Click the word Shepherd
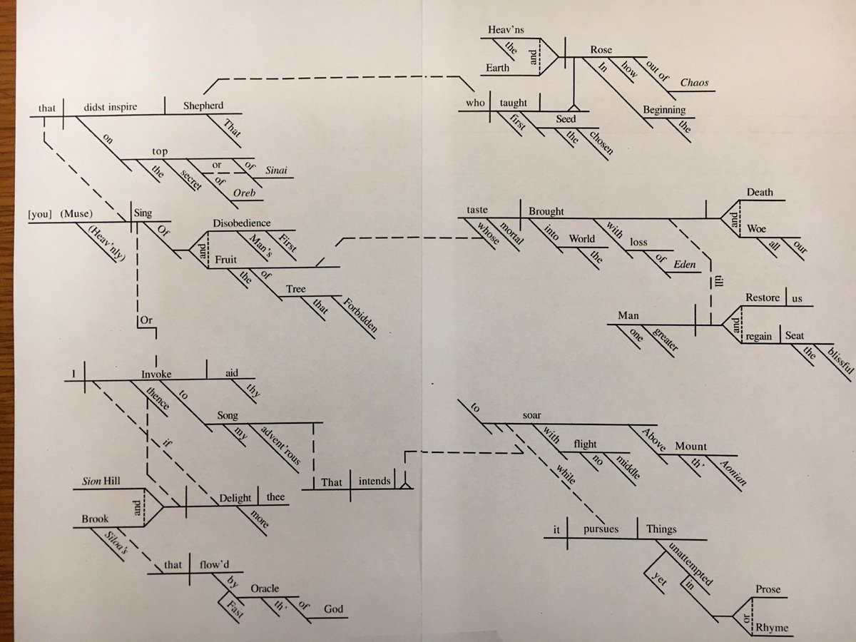click(203, 106)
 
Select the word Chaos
click(694, 83)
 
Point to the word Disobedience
click(242, 223)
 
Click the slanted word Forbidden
click(360, 315)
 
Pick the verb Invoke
click(157, 372)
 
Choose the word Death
click(760, 193)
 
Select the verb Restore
click(763, 297)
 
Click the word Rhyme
click(773, 628)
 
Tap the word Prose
click(768, 590)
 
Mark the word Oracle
click(264, 588)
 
